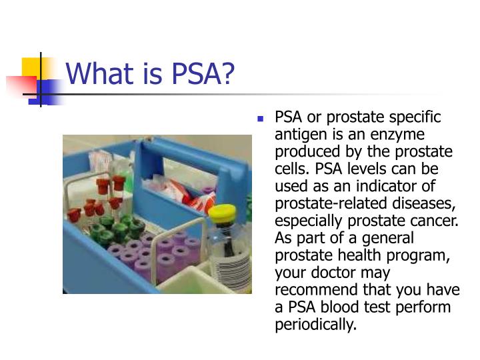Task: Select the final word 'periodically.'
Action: [316, 325]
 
